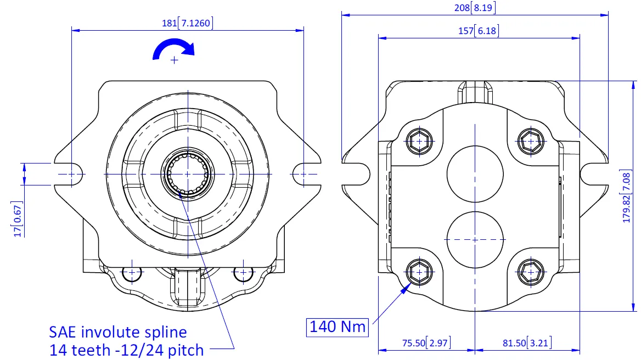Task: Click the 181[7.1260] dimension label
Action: click(188, 23)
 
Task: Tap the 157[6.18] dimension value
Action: click(479, 31)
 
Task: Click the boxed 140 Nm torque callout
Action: click(338, 327)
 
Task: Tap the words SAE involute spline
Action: click(118, 332)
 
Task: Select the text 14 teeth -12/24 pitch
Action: click(126, 349)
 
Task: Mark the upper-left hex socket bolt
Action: click(419, 142)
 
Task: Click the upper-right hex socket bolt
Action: click(531, 142)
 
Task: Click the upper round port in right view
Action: click(475, 173)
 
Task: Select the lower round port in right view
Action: click(475, 239)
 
